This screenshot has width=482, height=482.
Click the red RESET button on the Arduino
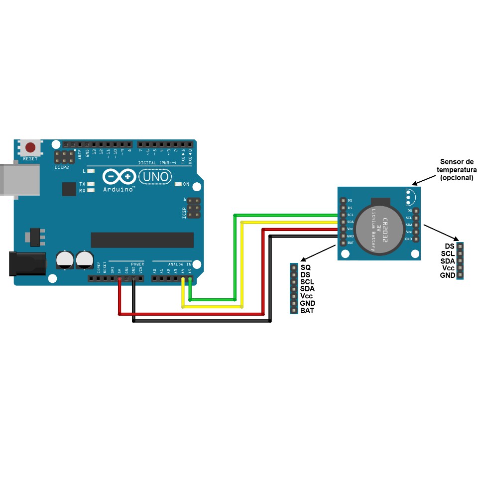[x=31, y=148]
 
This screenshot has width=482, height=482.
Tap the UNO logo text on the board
[x=154, y=177]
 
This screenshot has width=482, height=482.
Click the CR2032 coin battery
[x=379, y=226]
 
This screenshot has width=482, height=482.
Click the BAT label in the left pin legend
[x=307, y=311]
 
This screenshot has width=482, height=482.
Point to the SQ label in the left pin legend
[x=306, y=267]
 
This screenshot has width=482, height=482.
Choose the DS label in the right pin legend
[x=449, y=246]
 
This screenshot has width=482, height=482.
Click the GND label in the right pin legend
[x=447, y=275]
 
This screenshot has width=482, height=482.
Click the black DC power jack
[x=27, y=264]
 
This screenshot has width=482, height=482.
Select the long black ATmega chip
[x=142, y=240]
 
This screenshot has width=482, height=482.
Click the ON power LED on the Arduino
[x=179, y=184]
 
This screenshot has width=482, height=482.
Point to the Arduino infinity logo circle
[x=120, y=177]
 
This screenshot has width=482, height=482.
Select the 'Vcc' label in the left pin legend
[x=307, y=296]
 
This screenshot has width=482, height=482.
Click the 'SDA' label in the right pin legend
[x=448, y=261]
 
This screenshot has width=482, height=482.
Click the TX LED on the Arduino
[x=91, y=184]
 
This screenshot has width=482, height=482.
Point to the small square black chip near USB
[x=69, y=189]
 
